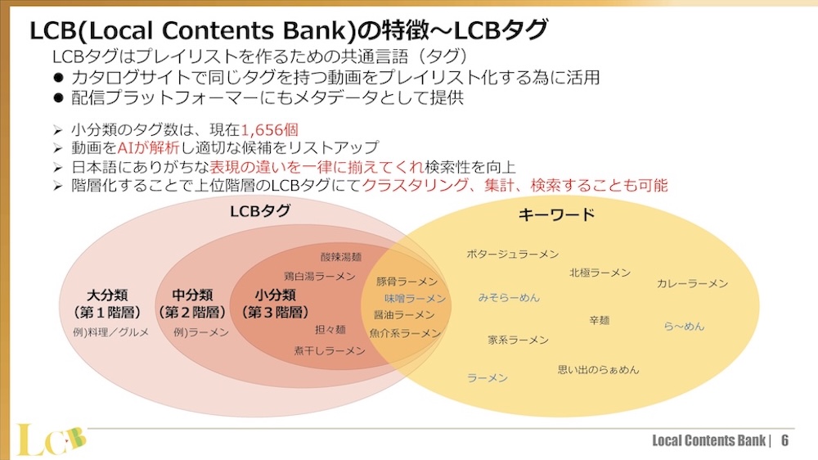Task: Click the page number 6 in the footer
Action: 785,440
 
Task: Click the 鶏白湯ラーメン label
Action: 319,277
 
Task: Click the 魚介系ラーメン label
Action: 405,333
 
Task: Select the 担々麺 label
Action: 330,330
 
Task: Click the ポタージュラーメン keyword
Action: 512,254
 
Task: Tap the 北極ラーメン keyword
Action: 600,273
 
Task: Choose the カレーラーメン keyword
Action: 692,283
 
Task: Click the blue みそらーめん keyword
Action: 509,298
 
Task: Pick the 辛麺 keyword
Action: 599,320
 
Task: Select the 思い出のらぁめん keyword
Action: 598,370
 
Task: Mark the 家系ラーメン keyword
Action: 518,340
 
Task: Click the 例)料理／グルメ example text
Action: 111,333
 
